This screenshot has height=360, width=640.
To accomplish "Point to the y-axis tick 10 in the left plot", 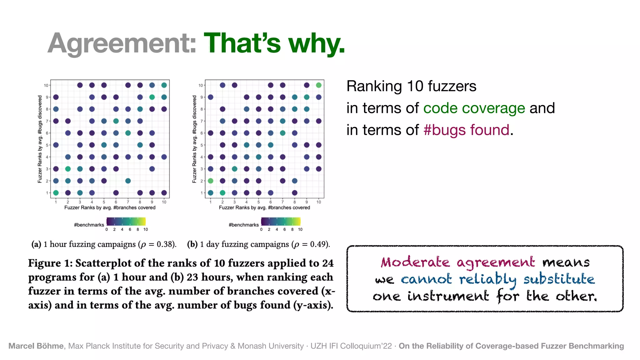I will click(x=46, y=85).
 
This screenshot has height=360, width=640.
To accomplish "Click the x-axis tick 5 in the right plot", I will click(x=258, y=202).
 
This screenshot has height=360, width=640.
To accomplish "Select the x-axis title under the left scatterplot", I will click(x=110, y=208).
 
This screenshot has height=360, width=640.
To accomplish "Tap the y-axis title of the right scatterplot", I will click(x=194, y=139).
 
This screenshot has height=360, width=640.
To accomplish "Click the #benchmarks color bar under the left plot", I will click(x=126, y=222).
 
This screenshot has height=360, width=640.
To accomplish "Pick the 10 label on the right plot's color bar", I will click(x=300, y=230).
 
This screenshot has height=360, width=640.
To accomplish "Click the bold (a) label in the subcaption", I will click(x=36, y=244).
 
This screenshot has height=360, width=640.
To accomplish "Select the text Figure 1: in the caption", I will click(x=50, y=263).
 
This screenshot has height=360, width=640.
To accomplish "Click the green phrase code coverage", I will click(x=474, y=108).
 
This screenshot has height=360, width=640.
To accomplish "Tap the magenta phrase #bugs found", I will click(x=466, y=130).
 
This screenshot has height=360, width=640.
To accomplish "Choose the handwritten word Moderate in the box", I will click(x=415, y=262).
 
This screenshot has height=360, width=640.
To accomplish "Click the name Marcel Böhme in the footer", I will click(x=36, y=346).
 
